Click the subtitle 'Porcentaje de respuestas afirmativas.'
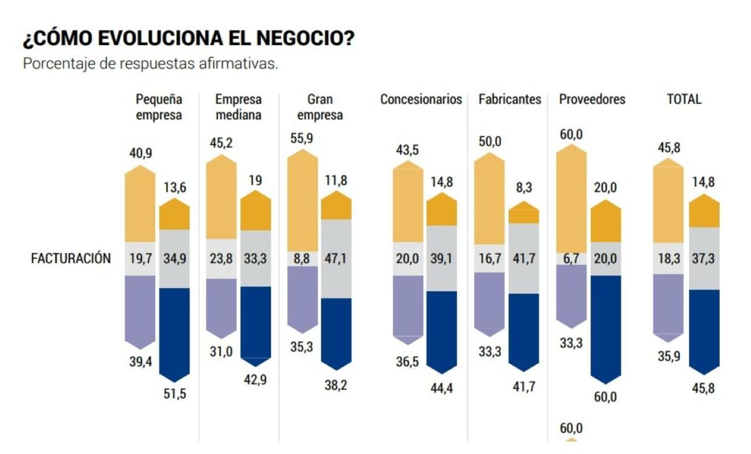[x=150, y=64]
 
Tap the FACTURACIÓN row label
[x=70, y=259]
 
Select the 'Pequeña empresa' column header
[x=158, y=107]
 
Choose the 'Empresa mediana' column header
[x=239, y=107]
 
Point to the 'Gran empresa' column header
[x=319, y=107]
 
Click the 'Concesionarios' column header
[x=421, y=99]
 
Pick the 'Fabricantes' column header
[x=510, y=99]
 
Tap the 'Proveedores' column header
[x=592, y=99]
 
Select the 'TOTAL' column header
[x=684, y=99]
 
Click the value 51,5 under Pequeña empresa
[x=174, y=394]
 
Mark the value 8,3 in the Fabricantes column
[x=523, y=188]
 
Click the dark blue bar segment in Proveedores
[x=605, y=327]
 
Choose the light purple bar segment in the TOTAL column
[x=668, y=304]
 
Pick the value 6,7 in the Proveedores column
[x=571, y=259]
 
